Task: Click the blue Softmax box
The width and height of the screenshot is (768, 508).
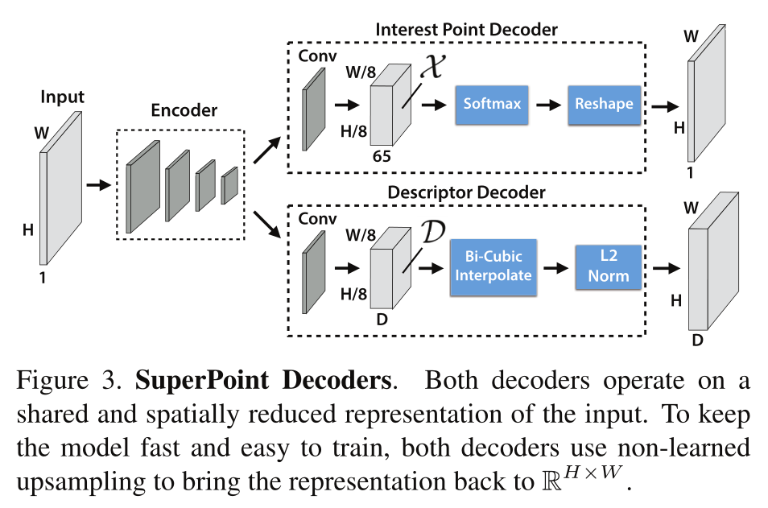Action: pyautogui.click(x=492, y=104)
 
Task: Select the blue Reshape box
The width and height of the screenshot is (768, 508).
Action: pyautogui.click(x=604, y=104)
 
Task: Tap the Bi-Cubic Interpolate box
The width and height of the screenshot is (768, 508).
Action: pyautogui.click(x=492, y=266)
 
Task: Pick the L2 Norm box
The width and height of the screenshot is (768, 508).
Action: pyautogui.click(x=608, y=266)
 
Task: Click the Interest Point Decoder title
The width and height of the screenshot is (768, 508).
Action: pyautogui.click(x=466, y=30)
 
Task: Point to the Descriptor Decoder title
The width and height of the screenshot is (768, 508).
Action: pyautogui.click(x=466, y=192)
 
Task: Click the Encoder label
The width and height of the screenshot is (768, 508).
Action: pyautogui.click(x=184, y=111)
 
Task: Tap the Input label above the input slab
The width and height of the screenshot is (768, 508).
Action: pyautogui.click(x=62, y=97)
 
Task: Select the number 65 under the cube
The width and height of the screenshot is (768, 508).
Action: pyautogui.click(x=382, y=156)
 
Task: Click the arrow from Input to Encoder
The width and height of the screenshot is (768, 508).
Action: pyautogui.click(x=98, y=185)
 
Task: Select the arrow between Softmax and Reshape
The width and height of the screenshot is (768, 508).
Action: pyautogui.click(x=549, y=105)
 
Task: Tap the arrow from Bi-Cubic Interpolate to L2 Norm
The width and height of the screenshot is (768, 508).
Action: pyautogui.click(x=555, y=266)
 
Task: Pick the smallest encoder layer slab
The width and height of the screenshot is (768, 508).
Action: pyautogui.click(x=229, y=185)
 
